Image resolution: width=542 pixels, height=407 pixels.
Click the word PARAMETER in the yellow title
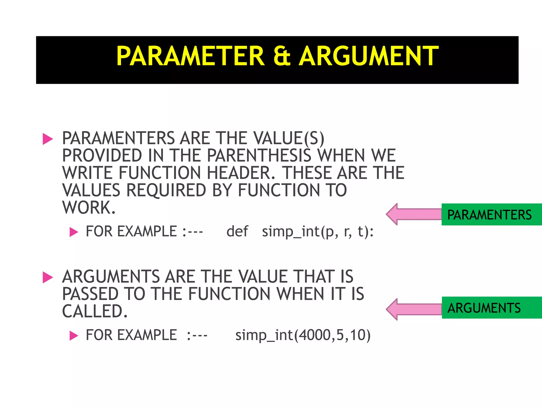[190, 56]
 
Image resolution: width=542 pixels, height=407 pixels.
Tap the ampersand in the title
[282, 56]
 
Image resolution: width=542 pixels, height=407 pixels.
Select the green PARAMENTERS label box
[491, 215]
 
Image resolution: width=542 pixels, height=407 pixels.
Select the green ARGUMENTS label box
[491, 308]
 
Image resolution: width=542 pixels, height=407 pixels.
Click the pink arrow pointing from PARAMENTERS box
[413, 214]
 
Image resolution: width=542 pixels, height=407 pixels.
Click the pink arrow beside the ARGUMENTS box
[413, 309]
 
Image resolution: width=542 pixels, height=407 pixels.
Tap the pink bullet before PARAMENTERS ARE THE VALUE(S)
[48, 139]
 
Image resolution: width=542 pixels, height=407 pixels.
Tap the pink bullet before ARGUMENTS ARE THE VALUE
[48, 277]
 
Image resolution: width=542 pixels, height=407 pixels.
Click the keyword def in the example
[237, 231]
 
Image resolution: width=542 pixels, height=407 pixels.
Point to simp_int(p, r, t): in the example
[318, 232]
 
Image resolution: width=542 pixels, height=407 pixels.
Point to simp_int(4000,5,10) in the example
[303, 335]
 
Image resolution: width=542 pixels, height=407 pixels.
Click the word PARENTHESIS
[259, 156]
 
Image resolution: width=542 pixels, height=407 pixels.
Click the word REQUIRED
[166, 190]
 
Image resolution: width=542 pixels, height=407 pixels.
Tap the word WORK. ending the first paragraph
[89, 207]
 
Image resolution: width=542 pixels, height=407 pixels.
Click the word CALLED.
[95, 311]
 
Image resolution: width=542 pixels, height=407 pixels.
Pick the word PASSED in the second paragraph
[90, 294]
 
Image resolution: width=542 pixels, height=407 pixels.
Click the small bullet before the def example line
[74, 232]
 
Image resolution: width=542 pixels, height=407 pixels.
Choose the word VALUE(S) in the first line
[288, 138]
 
